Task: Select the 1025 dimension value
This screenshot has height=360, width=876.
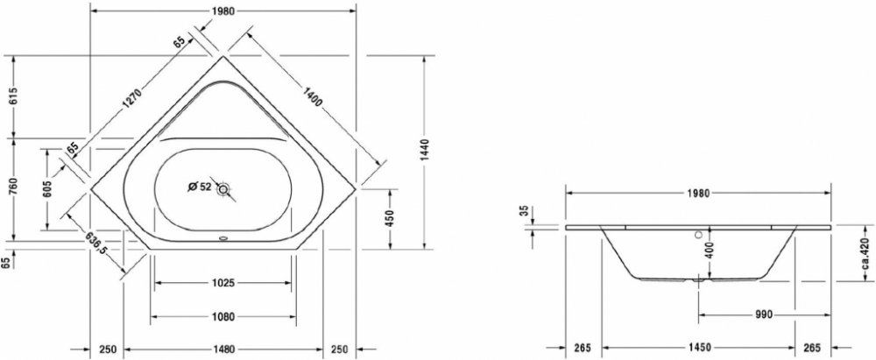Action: click(222, 283)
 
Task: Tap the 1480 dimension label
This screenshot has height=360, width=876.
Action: click(222, 349)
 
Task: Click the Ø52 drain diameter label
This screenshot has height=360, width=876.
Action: click(200, 187)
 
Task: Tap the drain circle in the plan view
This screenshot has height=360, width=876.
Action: click(225, 188)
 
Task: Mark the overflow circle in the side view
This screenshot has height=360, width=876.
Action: click(698, 235)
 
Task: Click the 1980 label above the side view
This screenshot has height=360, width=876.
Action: click(698, 194)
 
